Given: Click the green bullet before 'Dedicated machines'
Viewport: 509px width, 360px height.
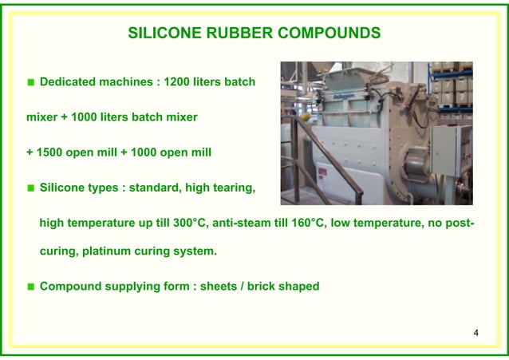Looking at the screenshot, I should click(31, 82).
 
